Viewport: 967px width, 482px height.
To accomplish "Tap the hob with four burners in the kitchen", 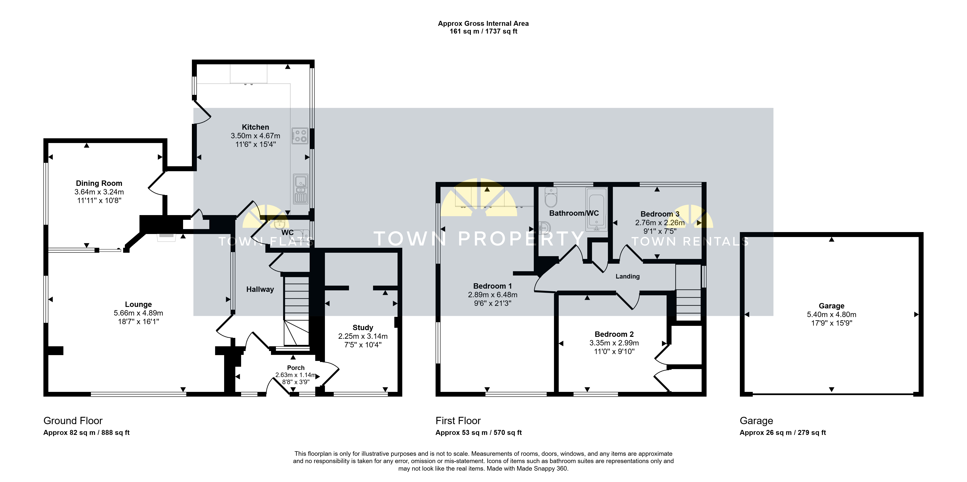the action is coord(300,136).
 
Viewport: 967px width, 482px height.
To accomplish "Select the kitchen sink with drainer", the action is coord(300,189).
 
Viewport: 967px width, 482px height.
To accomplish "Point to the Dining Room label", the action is coord(99,183).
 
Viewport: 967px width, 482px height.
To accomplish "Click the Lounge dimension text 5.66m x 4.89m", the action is coord(139,313).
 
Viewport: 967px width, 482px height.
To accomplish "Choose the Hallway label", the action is coord(260,289).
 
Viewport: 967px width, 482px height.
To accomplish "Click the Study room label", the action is coord(363,328).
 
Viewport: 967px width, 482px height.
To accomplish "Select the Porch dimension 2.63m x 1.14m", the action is coord(296,375).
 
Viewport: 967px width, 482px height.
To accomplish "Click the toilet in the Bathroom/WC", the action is coord(551,197).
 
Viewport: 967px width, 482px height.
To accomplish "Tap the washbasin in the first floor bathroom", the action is coord(545,228).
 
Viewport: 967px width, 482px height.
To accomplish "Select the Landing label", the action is coord(628,277).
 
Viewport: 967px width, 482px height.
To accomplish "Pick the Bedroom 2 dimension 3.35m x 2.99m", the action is coord(614,343).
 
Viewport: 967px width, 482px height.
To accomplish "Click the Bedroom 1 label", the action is coord(493,286).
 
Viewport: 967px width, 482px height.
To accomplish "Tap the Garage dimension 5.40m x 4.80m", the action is coord(832,314).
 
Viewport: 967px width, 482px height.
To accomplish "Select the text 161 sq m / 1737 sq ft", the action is coord(483,32).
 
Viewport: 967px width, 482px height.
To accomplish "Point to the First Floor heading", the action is coord(458,421).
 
